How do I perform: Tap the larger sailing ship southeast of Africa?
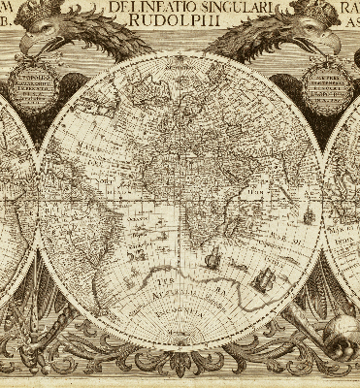click(261, 277)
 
